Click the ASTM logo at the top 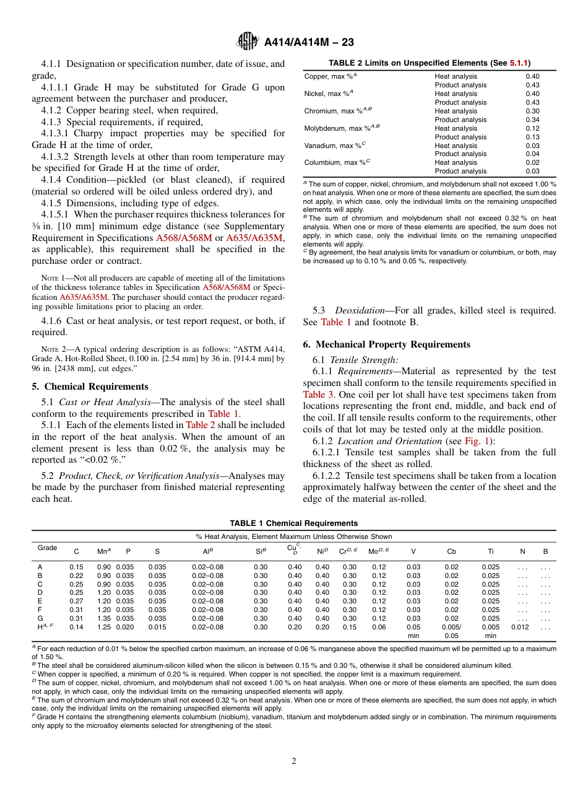(x=248, y=42)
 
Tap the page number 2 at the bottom (x=294, y=761)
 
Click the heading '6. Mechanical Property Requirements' (x=386, y=344)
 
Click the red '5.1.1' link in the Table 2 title (x=519, y=63)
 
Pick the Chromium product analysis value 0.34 (x=532, y=120)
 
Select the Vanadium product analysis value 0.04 (x=532, y=154)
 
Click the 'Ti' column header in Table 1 (x=490, y=551)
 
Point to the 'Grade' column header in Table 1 (x=47, y=548)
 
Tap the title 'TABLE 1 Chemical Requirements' (x=293, y=523)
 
